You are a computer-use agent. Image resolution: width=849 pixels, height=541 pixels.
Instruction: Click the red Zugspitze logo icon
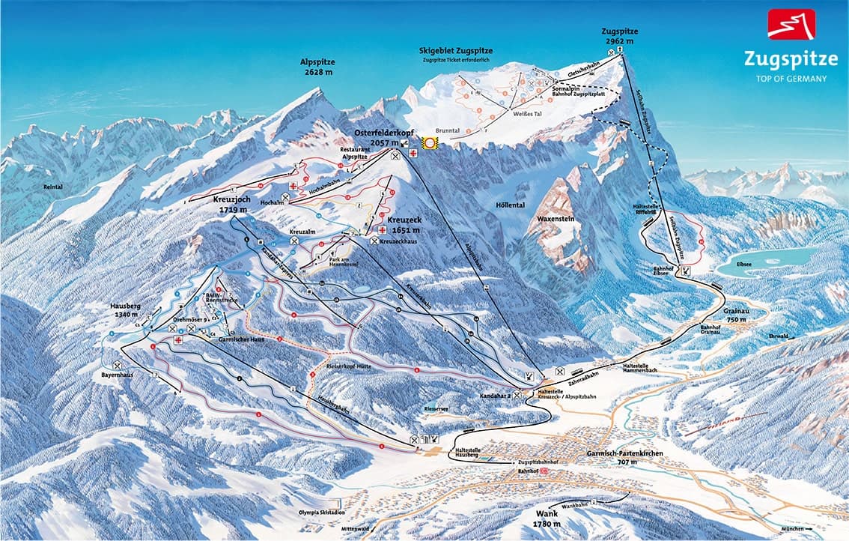791,24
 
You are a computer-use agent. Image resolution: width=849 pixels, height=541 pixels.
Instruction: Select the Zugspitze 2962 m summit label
619,36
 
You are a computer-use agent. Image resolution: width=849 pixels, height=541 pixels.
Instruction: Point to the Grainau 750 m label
737,315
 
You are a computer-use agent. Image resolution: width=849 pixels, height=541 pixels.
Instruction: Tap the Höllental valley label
511,205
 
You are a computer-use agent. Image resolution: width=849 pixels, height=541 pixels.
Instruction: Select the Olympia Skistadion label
308,514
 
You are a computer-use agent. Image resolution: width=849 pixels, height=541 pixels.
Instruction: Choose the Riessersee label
436,409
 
